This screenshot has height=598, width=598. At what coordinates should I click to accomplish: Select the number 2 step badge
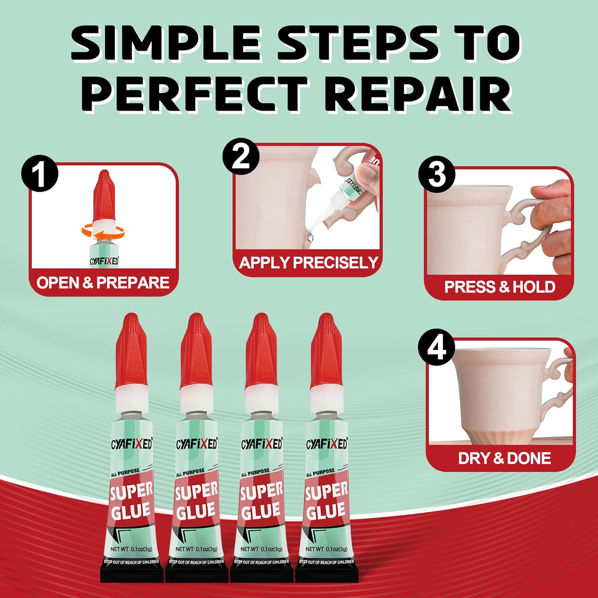click(x=241, y=156)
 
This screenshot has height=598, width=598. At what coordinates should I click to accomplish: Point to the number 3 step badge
click(x=437, y=174)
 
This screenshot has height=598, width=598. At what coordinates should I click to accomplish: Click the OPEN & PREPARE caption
click(x=103, y=283)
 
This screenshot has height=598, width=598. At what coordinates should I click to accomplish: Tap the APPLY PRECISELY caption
click(x=309, y=262)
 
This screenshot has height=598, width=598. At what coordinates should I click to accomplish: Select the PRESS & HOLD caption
click(x=500, y=287)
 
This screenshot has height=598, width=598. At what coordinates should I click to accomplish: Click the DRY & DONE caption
click(x=504, y=458)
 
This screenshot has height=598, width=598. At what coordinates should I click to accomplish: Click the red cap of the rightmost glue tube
click(x=326, y=351)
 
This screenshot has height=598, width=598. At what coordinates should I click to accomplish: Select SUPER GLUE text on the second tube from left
click(x=197, y=501)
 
